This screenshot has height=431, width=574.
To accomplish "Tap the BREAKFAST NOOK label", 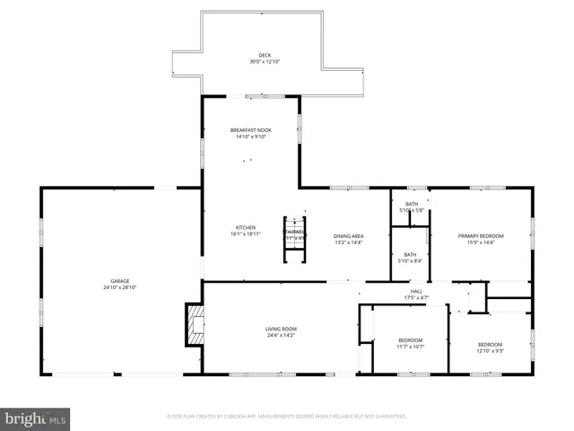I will (251, 130).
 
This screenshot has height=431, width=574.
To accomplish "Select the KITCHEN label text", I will (246, 227).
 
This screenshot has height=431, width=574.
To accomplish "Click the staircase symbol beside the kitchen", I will (295, 240).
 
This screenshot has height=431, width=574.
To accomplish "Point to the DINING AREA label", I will (348, 236).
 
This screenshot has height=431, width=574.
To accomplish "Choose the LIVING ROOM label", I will (281, 329).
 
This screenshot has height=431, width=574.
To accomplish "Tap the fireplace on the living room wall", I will (194, 325).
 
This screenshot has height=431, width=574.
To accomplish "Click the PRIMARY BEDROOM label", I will (481, 236).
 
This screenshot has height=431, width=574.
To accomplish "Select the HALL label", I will (417, 291).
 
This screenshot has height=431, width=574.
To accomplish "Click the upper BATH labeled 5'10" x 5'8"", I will (412, 204).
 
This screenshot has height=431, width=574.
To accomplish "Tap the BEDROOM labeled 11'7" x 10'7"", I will (411, 340).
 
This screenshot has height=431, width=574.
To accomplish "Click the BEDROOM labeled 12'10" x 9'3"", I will (490, 345).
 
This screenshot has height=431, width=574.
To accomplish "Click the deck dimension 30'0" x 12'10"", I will (264, 62).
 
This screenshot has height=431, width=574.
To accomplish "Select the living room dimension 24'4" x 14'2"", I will (281, 335).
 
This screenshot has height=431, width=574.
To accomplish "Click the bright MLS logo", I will (36, 418).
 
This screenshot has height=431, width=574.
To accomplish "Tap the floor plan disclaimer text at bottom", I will (287, 417).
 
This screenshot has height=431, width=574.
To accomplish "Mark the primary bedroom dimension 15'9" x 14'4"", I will (481, 242).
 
